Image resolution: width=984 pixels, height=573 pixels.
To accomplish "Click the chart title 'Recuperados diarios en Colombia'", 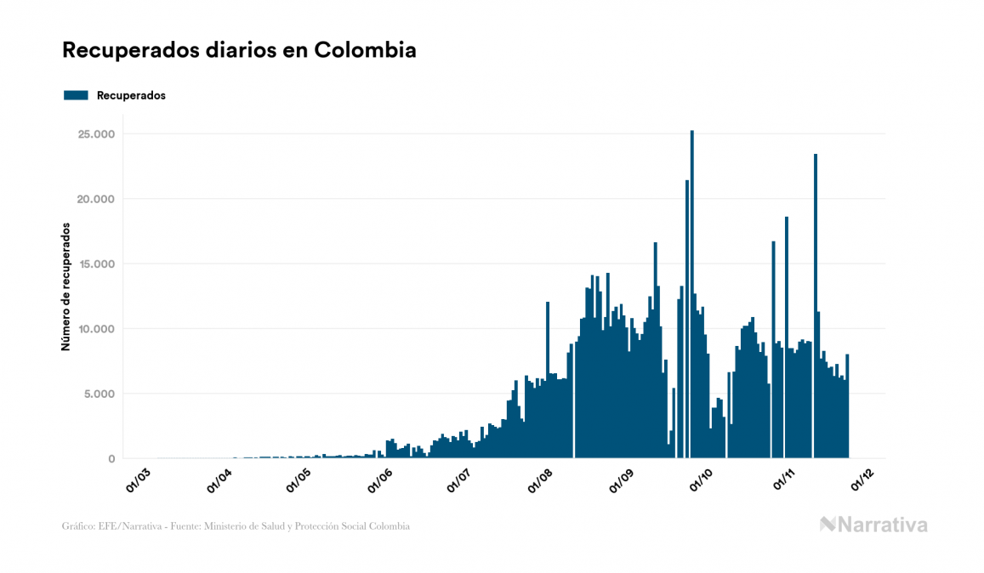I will pos(239,50).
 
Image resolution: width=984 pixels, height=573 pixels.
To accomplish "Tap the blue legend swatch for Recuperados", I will pos(76,95).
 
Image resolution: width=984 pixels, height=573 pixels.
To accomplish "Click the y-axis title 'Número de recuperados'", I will pos(65,286).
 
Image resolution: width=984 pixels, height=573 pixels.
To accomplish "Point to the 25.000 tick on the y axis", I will pos(95,134).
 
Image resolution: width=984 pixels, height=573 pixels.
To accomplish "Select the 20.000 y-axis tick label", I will pos(95,199).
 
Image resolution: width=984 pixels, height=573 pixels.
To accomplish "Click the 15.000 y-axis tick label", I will pos(95,264).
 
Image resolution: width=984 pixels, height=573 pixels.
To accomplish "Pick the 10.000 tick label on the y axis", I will pos(95,329).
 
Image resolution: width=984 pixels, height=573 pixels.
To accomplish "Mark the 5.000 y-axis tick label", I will pos(99,394).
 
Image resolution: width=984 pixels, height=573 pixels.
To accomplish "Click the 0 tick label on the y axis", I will pos(111,459).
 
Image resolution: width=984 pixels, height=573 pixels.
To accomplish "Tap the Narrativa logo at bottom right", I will pos(873,525).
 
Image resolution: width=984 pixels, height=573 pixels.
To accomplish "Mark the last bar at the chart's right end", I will pos(847,408).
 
